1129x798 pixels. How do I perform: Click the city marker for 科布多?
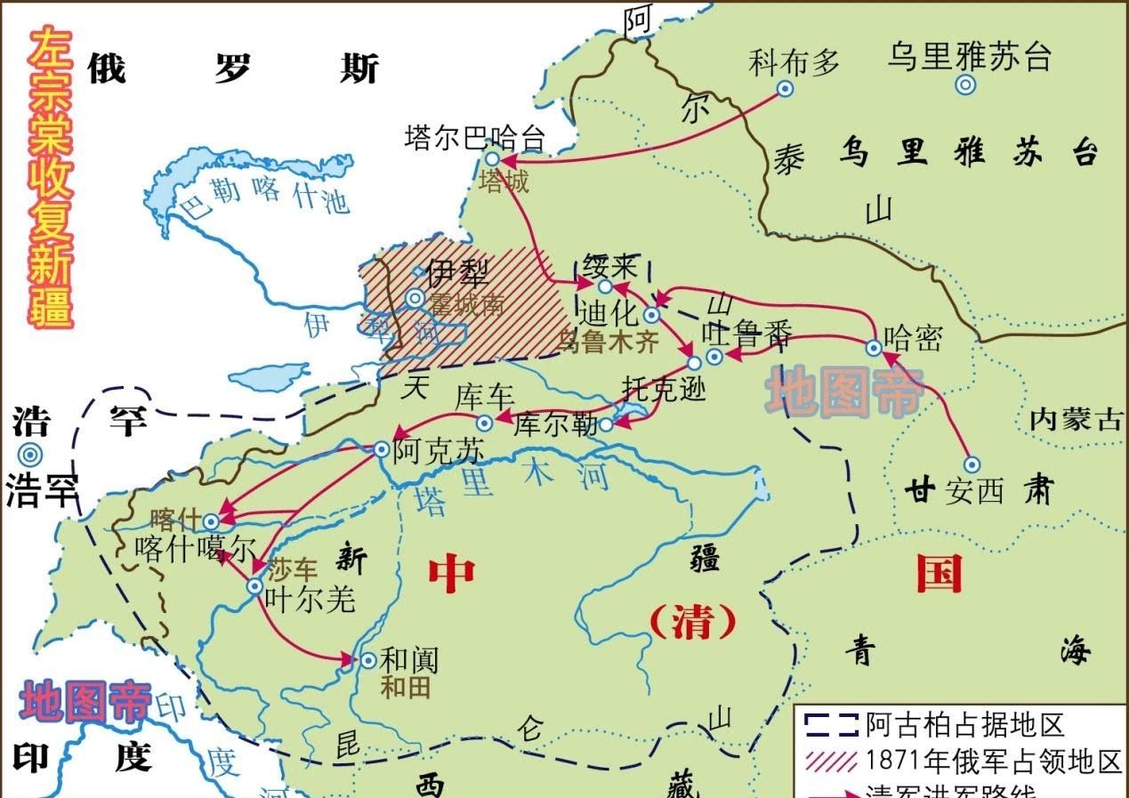(x=785, y=88)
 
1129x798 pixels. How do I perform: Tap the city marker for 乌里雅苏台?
(x=965, y=85)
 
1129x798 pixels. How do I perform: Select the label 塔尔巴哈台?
(x=473, y=138)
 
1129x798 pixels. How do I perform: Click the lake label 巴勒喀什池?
(x=262, y=202)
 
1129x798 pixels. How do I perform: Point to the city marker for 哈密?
(x=874, y=348)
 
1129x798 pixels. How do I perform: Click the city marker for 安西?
(x=972, y=464)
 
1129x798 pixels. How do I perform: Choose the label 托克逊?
(x=663, y=388)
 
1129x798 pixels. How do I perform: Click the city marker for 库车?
(x=485, y=423)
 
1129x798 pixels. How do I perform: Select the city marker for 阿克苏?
(x=382, y=450)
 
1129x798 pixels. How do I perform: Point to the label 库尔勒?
(x=556, y=424)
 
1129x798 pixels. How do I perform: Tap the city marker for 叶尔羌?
(x=255, y=586)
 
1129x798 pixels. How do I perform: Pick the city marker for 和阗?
(x=368, y=660)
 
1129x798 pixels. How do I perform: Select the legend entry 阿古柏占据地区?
(x=964, y=724)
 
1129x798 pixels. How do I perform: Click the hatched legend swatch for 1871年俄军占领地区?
(x=829, y=761)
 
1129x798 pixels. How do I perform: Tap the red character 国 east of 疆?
(x=939, y=574)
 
